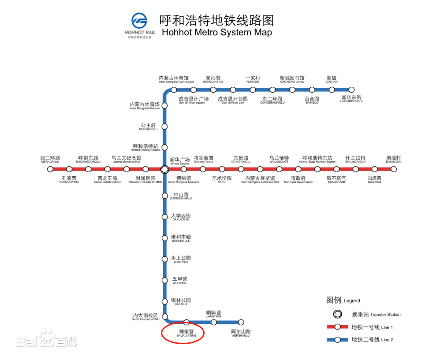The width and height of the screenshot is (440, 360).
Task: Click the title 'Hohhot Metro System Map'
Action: click(x=216, y=32)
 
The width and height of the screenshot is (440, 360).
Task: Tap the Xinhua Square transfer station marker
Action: click(x=164, y=169)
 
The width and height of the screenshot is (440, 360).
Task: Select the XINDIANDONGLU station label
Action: click(x=351, y=99)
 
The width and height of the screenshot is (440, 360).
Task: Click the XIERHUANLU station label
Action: click(x=50, y=160)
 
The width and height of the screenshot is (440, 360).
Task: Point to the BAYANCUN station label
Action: click(x=394, y=160)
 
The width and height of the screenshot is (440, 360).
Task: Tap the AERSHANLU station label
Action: click(x=241, y=333)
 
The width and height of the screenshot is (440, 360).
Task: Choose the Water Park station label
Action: click(x=181, y=260)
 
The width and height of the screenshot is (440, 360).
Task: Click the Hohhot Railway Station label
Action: click(x=145, y=148)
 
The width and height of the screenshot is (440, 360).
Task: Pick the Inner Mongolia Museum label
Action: click(x=183, y=180)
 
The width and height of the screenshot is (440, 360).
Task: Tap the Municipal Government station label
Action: click(x=298, y=180)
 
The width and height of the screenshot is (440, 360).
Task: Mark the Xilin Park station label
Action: click(x=181, y=302)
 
